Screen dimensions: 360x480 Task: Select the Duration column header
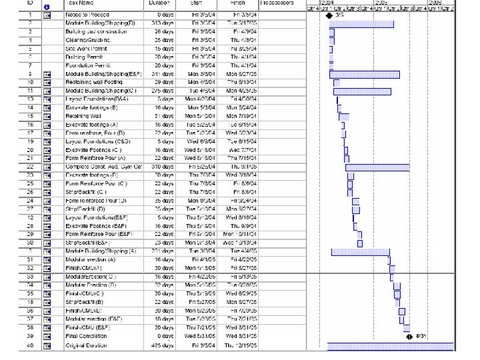tap(159, 3)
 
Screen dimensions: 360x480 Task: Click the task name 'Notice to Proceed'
tap(87, 14)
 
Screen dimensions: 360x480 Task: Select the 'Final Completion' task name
tap(85, 336)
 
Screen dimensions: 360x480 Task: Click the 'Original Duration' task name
tap(87, 345)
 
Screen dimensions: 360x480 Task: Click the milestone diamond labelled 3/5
tap(329, 14)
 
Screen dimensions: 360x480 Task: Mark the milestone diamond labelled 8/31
tap(409, 336)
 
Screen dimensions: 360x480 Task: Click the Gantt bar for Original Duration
tap(391, 345)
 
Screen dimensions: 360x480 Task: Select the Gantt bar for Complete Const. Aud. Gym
tap(377, 167)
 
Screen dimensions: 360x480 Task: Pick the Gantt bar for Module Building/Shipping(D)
tap(361, 23)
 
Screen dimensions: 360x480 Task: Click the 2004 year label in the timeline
tap(329, 3)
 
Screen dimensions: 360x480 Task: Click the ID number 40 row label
tap(31, 345)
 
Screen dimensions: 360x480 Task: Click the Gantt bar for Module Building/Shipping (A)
tap(361, 251)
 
